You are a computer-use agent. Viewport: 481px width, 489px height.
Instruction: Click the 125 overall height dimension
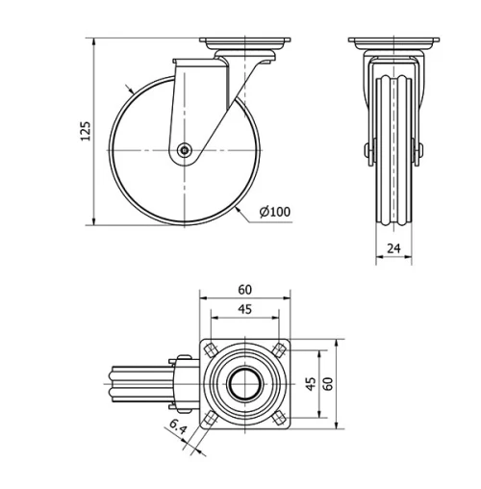click(x=85, y=132)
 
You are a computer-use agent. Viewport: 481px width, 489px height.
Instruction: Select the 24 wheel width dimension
click(x=392, y=247)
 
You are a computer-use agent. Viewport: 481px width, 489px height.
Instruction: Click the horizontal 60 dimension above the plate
click(x=244, y=289)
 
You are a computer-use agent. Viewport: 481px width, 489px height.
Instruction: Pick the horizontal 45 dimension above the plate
click(x=244, y=309)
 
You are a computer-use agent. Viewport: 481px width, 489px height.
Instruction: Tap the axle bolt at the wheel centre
click(x=184, y=150)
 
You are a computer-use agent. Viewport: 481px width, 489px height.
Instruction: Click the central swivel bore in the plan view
click(x=244, y=382)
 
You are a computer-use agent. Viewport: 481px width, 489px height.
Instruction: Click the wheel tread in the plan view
click(x=135, y=383)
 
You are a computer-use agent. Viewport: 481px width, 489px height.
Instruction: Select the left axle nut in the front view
click(x=367, y=151)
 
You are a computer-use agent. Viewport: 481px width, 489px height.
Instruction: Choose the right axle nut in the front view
click(x=420, y=151)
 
